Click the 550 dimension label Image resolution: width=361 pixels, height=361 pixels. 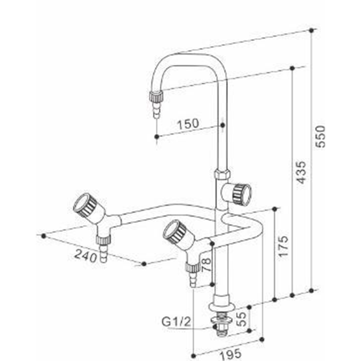click(x=320, y=136)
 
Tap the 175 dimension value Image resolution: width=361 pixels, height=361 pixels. click(x=283, y=246)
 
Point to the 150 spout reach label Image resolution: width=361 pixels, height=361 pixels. click(x=188, y=124)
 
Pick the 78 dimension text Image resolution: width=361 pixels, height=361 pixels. click(x=206, y=265)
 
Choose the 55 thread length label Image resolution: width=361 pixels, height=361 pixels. click(x=242, y=319)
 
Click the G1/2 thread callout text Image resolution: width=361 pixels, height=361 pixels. click(x=176, y=322)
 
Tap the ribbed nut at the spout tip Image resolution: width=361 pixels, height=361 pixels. click(x=156, y=97)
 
